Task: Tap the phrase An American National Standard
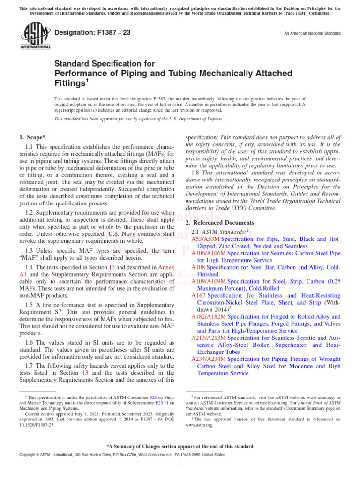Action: click(x=312, y=33)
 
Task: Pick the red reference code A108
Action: click(x=199, y=267)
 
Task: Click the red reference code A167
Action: click(x=199, y=296)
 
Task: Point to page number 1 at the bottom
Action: click(x=180, y=464)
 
